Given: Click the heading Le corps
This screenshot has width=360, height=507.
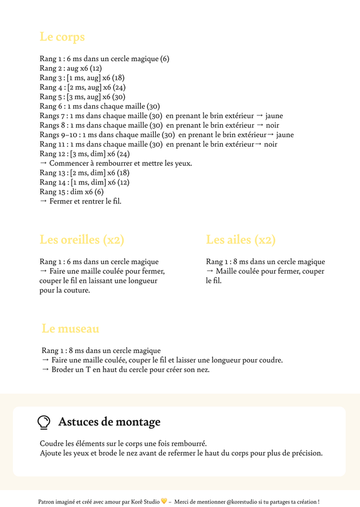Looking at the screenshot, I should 62,37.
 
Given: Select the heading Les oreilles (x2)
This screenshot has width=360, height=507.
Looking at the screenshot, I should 82,239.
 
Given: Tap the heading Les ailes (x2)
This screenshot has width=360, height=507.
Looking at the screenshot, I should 241,239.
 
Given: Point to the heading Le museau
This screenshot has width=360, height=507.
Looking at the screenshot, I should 70,328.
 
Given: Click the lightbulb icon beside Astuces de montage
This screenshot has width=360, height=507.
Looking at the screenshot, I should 44,422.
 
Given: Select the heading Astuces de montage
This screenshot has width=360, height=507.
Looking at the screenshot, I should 109,422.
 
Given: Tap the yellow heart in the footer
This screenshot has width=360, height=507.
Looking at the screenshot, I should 164,501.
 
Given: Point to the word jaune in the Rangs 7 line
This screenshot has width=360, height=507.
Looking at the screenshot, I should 274,116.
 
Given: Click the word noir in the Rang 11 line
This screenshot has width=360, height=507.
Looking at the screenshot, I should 271,144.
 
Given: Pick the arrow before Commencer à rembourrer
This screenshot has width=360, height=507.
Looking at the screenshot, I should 43,164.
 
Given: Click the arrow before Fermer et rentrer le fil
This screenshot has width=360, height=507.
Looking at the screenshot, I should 43,201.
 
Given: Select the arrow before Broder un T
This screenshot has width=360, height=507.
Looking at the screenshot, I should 46,369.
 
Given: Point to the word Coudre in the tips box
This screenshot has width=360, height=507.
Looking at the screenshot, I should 51,443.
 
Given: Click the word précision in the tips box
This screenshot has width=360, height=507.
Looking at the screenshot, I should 307,453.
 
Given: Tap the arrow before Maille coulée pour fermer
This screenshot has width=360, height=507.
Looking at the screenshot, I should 210,271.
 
